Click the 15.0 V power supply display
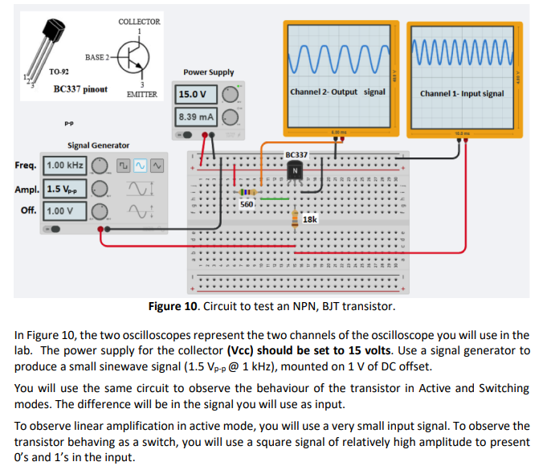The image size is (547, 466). pyautogui.click(x=192, y=94)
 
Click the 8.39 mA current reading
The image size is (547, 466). pyautogui.click(x=195, y=117)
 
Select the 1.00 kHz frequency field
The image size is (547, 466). pyautogui.click(x=64, y=166)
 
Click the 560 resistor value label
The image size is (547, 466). pyautogui.click(x=248, y=205)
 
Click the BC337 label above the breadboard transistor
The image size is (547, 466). pyautogui.click(x=296, y=154)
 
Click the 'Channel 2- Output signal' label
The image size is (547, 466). pyautogui.click(x=337, y=92)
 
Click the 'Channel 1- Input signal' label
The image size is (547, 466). pyautogui.click(x=462, y=93)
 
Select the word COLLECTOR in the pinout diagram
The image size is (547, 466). pyautogui.click(x=139, y=22)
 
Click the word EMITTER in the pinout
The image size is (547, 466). pyautogui.click(x=141, y=94)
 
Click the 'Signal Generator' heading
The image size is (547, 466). pyautogui.click(x=98, y=145)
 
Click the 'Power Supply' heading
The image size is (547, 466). pyautogui.click(x=208, y=72)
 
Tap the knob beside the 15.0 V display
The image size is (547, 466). pyautogui.click(x=231, y=94)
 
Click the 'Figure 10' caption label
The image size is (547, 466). pyautogui.click(x=173, y=307)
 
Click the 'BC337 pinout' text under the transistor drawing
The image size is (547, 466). pyautogui.click(x=80, y=89)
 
